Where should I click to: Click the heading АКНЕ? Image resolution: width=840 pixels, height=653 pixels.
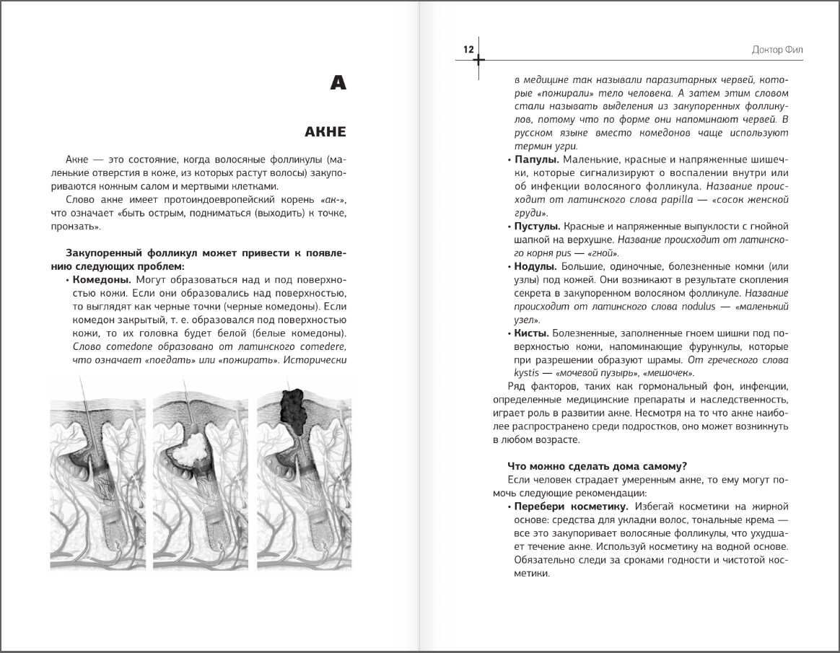(325, 132)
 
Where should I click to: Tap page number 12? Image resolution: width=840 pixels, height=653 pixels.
(468, 50)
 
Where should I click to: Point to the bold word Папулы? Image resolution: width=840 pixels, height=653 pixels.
(535, 159)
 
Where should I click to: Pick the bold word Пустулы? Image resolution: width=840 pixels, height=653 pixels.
(537, 227)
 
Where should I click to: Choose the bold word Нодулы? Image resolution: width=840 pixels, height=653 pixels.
(535, 266)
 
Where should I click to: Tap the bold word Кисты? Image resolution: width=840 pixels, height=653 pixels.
(531, 333)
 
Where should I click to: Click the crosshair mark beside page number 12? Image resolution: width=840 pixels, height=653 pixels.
(478, 60)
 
